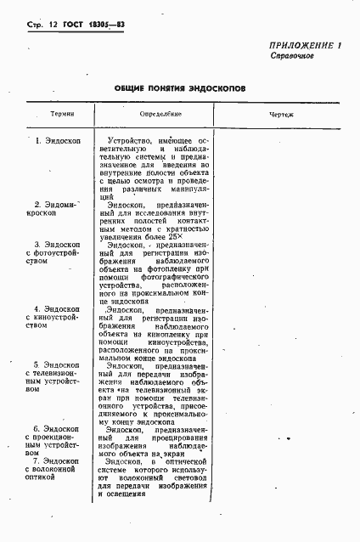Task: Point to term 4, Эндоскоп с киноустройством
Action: [x=52, y=316]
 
